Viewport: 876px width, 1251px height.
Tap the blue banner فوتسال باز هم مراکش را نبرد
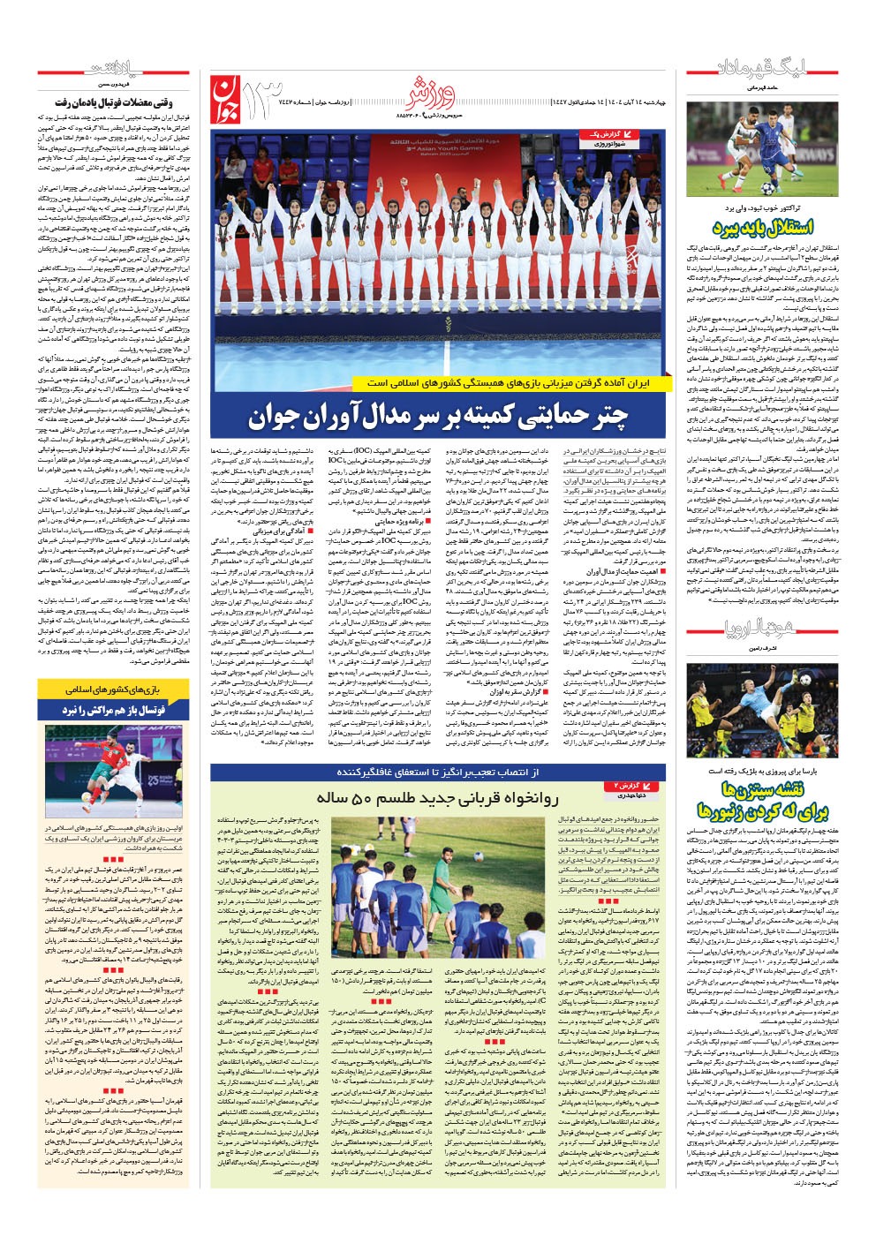[113, 709]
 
